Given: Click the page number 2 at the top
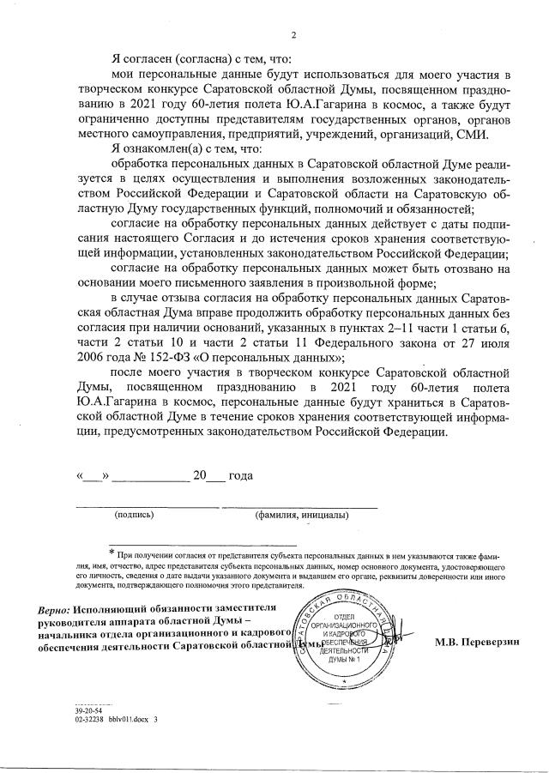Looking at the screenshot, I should (293, 35).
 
